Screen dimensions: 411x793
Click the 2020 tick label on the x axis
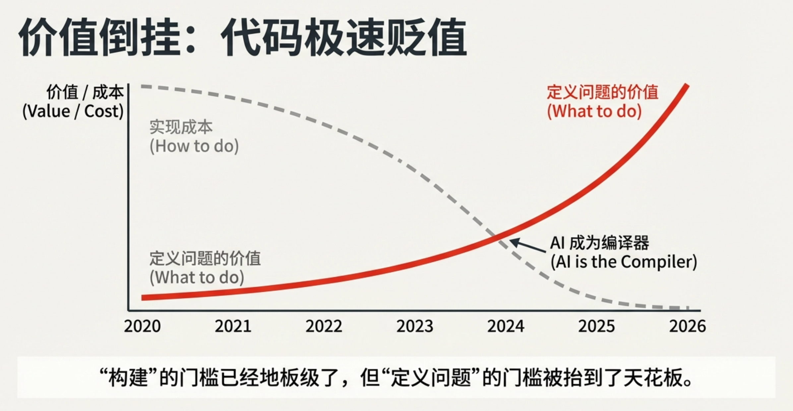coord(142,326)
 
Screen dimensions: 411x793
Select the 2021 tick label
coord(233,326)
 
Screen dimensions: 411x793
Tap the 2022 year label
coord(324,326)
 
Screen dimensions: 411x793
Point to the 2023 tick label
coord(415,326)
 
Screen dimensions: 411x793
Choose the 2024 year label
coord(506,326)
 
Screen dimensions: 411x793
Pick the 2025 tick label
coord(596,326)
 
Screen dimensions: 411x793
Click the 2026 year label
coord(687,326)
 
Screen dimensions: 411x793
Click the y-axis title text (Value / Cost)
coord(73,111)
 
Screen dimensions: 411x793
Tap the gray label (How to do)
coord(194,146)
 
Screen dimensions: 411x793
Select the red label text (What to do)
coord(594,111)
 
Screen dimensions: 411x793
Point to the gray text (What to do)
coord(197,277)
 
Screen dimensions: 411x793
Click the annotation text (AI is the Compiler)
coord(624,262)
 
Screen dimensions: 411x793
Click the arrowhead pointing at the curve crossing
coord(513,242)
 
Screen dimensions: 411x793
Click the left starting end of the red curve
coord(143,297)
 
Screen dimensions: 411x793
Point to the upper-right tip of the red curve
coord(687,86)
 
